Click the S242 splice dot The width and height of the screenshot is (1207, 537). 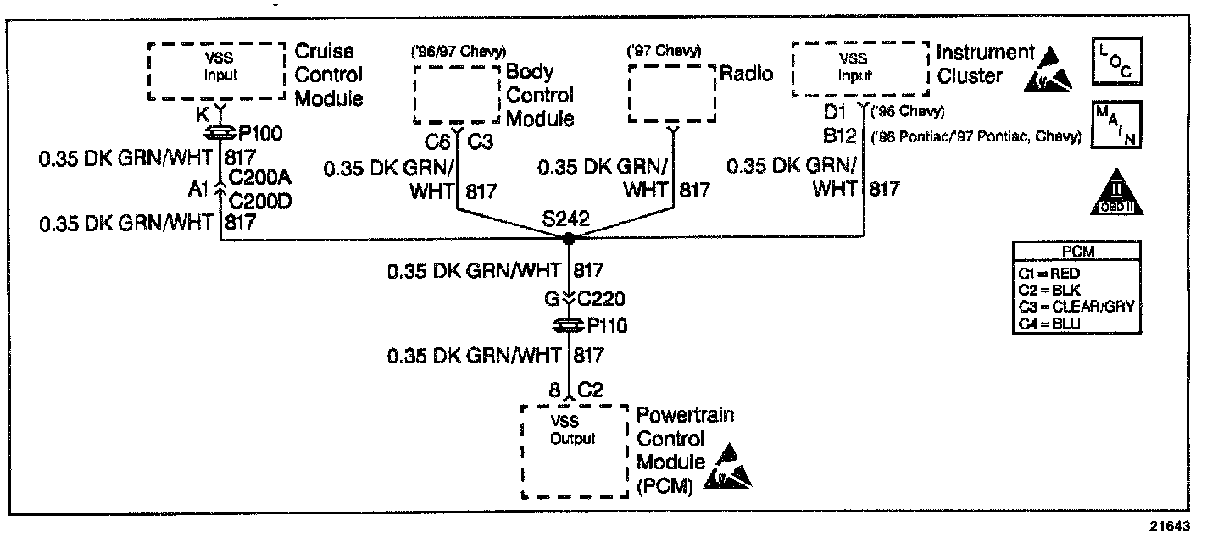click(x=569, y=240)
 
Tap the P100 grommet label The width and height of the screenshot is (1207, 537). click(x=261, y=134)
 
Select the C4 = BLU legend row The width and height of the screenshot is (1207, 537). click(x=1051, y=322)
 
